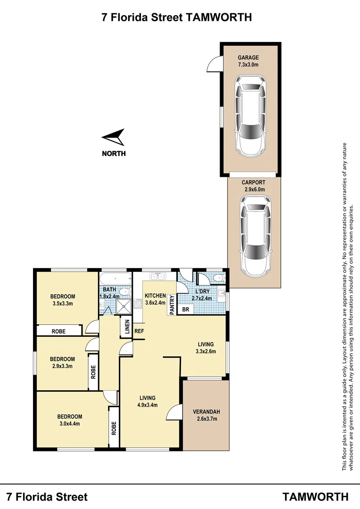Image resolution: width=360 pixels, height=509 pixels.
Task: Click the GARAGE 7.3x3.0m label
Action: [x=248, y=61]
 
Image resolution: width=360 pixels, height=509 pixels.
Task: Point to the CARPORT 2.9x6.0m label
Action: [x=254, y=186]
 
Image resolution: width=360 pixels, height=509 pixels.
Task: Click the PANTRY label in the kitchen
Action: [x=172, y=305]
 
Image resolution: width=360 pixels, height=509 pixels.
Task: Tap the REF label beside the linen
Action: [x=139, y=331]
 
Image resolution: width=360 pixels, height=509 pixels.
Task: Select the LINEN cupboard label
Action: [x=126, y=328]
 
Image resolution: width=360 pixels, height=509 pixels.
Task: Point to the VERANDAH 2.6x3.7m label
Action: [x=206, y=415]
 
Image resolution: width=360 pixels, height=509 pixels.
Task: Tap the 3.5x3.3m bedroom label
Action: [x=63, y=300]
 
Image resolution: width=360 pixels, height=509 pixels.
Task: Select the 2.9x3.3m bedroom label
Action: [x=62, y=362]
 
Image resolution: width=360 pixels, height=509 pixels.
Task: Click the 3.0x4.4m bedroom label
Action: [x=69, y=420]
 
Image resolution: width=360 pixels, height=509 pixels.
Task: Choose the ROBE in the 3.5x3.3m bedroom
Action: [x=58, y=331]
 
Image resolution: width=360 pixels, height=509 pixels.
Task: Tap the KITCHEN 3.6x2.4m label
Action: [x=155, y=299]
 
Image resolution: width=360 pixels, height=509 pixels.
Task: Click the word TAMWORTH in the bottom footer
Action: [x=316, y=497]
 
